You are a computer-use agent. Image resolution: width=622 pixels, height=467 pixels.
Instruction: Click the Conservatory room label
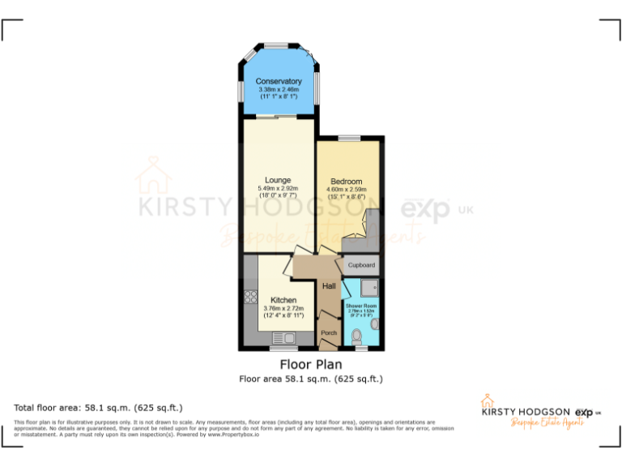pos(279,81)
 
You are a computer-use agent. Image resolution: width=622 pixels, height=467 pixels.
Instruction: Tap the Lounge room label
pos(278,180)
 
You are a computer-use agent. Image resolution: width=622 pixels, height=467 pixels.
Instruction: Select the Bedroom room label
pos(347,181)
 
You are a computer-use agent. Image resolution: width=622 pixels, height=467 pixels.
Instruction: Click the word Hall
pos(330,286)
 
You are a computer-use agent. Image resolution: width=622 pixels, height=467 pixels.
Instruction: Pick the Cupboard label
pos(361,265)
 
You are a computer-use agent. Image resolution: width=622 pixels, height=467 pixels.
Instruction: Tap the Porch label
pos(329,333)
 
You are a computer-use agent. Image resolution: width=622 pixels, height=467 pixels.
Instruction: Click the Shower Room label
pos(362,306)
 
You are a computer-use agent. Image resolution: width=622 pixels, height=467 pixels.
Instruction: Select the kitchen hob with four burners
pos(250,298)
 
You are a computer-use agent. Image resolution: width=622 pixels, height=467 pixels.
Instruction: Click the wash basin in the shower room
pos(374,324)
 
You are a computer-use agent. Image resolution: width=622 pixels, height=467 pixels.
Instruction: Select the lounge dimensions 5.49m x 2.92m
pos(278,189)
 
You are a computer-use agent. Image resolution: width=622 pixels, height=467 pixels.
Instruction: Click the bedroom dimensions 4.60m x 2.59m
pos(347,189)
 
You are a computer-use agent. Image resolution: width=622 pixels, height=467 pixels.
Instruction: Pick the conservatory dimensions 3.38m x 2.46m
pos(279,90)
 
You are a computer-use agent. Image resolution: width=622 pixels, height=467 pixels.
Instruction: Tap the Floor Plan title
pos(310,364)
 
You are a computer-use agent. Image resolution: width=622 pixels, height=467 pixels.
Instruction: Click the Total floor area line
pos(99,407)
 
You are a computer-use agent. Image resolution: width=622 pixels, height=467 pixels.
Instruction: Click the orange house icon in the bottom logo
pos(488,401)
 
